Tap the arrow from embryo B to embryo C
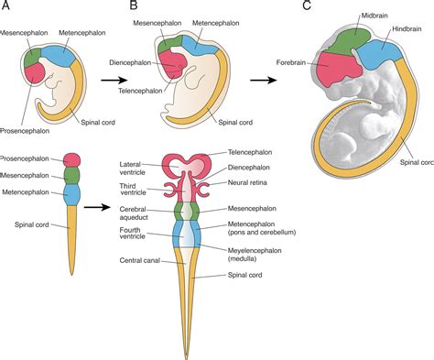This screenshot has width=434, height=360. [x=265, y=80]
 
